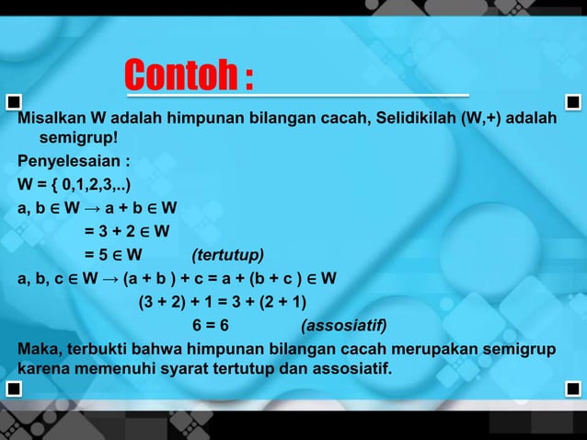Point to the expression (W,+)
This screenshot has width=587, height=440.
(486, 121)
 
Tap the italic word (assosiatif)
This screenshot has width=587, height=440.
(344, 325)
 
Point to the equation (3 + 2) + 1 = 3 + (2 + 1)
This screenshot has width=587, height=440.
(223, 302)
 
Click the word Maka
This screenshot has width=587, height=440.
(36, 350)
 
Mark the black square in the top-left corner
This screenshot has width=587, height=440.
(14, 100)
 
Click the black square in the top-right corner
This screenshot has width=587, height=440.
(571, 100)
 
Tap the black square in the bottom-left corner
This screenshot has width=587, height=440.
(14, 389)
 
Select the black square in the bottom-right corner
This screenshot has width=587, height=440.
(571, 389)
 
